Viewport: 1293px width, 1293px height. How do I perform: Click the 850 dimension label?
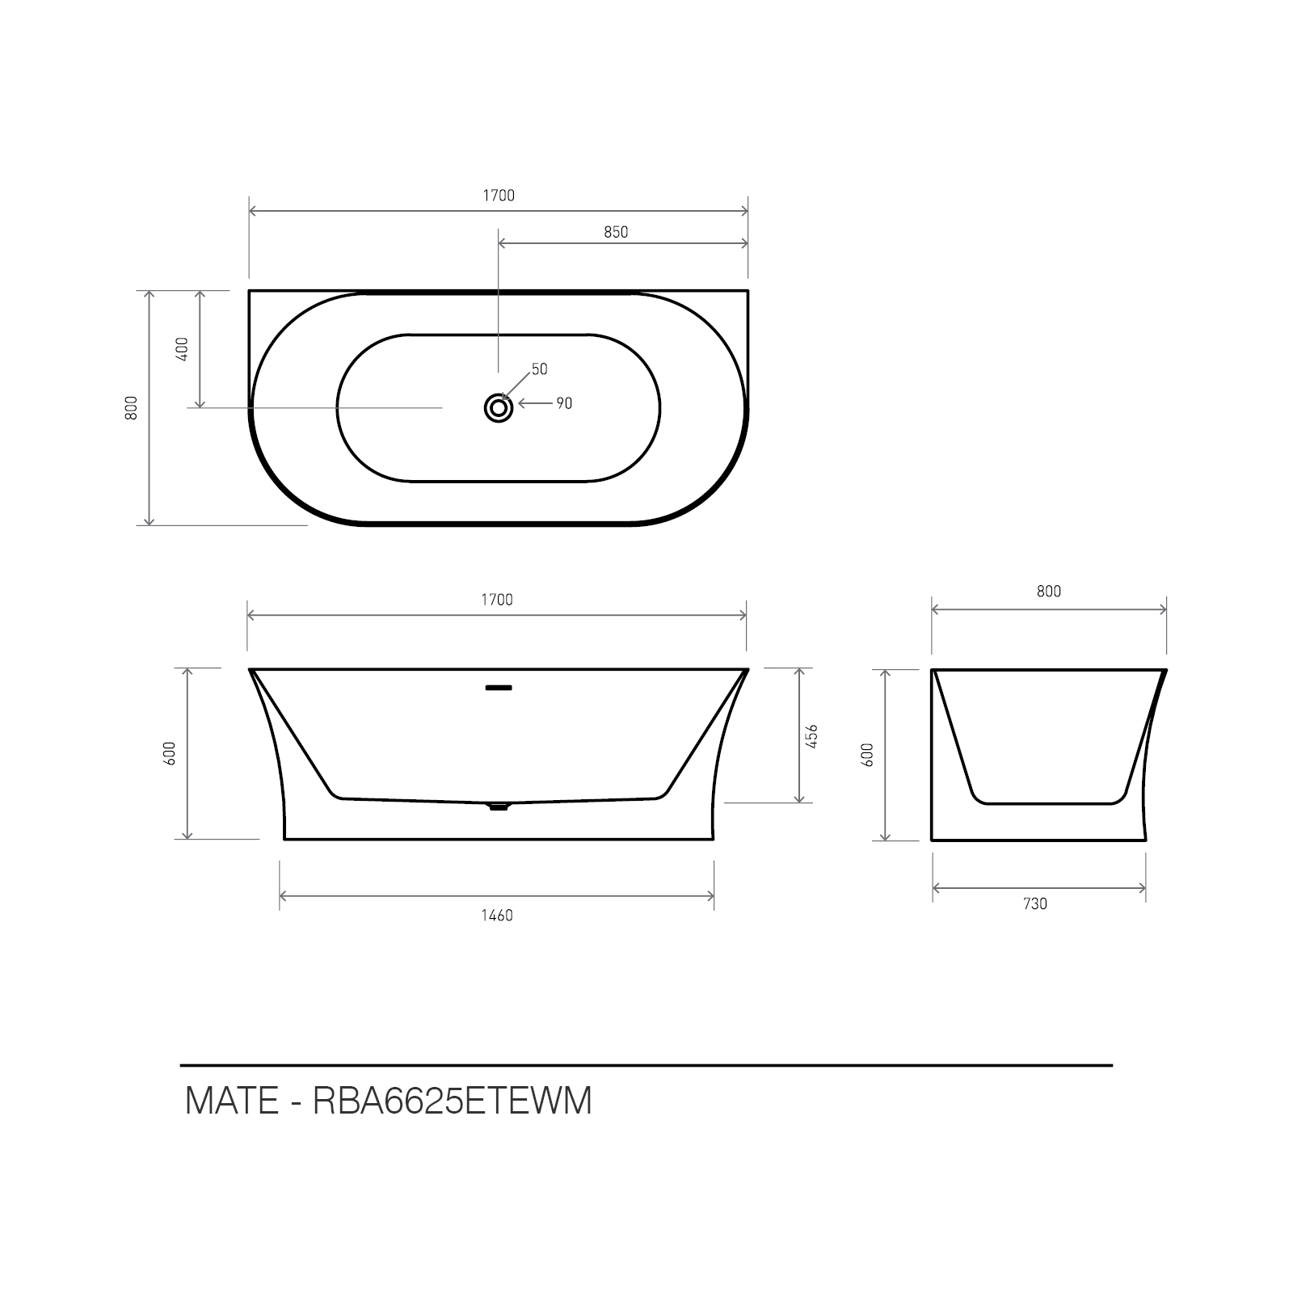[x=616, y=232]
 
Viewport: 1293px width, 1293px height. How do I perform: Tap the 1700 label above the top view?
[x=499, y=196]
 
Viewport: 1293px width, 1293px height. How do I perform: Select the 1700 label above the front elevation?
[x=497, y=600]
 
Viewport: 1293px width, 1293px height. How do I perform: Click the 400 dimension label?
[x=182, y=348]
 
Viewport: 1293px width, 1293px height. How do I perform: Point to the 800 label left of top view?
[x=133, y=407]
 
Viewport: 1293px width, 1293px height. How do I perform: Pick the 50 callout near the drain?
[x=539, y=369]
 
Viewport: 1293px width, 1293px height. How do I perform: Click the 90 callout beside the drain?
[x=564, y=403]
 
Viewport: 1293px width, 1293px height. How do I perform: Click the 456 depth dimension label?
[x=813, y=736]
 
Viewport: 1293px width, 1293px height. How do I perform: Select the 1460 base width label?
[x=497, y=916]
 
